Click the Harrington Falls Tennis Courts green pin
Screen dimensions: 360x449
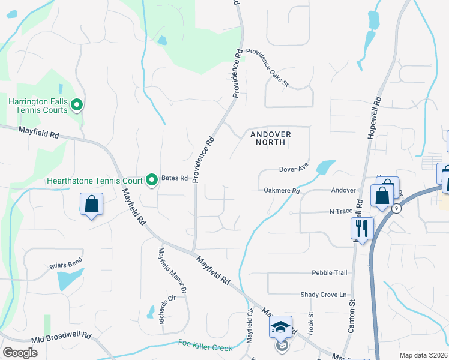[x=76, y=106]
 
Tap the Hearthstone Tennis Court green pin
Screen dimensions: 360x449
[x=152, y=179]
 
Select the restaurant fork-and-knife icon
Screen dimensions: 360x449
[x=362, y=228]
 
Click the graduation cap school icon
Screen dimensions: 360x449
[x=280, y=327]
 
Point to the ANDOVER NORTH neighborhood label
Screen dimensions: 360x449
[x=271, y=139]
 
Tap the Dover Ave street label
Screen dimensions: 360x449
[x=294, y=169]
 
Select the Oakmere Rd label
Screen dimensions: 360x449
[x=282, y=191]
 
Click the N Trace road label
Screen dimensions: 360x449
[x=340, y=212]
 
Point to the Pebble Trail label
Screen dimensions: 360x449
[x=329, y=273]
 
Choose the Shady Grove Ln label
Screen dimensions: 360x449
[x=324, y=295]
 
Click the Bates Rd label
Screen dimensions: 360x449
[x=175, y=179]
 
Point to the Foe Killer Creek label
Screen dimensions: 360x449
[x=205, y=345]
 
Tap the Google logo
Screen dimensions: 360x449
[x=20, y=353]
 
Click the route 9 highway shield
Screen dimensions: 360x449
[x=397, y=208]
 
